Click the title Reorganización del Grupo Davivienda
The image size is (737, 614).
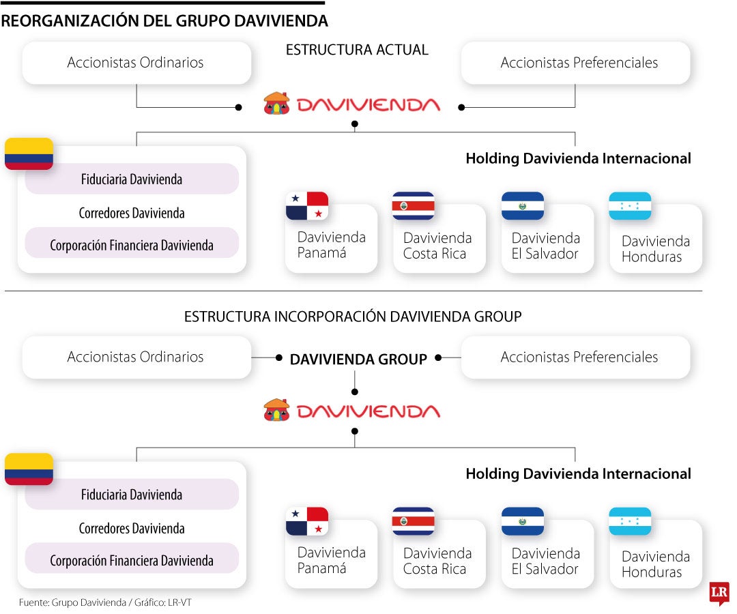click(x=164, y=21)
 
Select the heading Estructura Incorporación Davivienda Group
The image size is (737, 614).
click(x=353, y=317)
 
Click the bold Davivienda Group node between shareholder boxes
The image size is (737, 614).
click(x=358, y=359)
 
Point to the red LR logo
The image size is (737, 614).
click(x=719, y=592)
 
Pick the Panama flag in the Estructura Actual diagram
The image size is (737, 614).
click(x=307, y=206)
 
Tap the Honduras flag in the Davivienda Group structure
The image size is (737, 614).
click(x=630, y=521)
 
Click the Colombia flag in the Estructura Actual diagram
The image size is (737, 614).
click(x=29, y=153)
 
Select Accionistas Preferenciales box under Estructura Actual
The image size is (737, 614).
click(x=579, y=63)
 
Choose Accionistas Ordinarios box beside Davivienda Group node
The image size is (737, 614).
click(x=135, y=357)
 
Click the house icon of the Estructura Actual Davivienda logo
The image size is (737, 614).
click(x=276, y=104)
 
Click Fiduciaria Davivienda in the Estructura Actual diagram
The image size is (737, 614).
click(x=132, y=179)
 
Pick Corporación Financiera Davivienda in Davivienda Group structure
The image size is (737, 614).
click(x=132, y=561)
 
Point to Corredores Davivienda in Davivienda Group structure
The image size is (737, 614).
click(x=132, y=528)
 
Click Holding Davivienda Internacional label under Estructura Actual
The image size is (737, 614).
click(x=578, y=158)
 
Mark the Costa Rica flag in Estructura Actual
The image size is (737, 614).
click(x=413, y=206)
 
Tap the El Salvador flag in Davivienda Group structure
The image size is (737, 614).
click(x=523, y=521)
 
